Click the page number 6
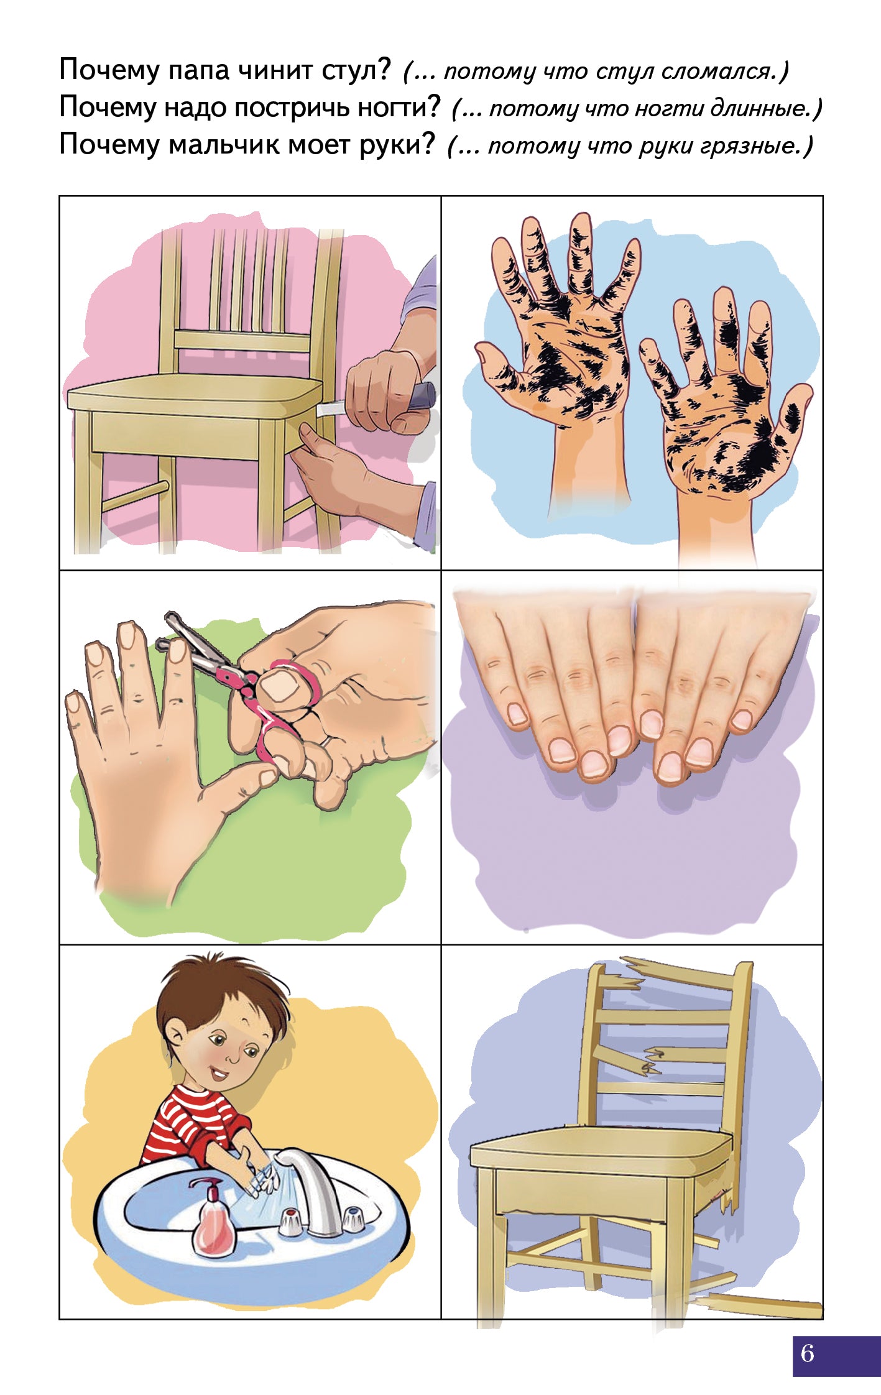[807, 1353]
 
